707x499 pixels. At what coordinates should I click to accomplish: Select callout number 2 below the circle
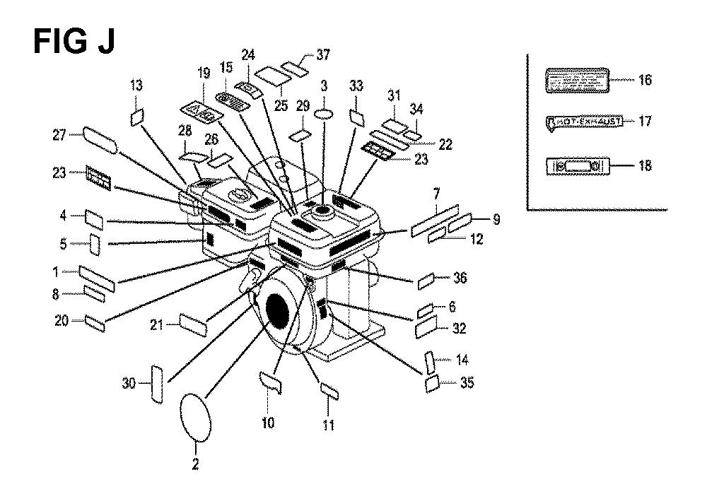click(x=196, y=464)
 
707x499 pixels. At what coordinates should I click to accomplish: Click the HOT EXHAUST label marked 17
click(x=584, y=122)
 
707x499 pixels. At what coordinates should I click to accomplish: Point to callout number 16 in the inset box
click(x=645, y=80)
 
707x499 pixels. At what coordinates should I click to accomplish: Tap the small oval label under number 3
click(x=325, y=114)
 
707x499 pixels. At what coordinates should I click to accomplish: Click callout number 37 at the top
click(x=303, y=54)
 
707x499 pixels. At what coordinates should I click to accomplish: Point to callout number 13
click(x=136, y=86)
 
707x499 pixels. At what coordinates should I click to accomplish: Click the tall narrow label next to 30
click(x=158, y=384)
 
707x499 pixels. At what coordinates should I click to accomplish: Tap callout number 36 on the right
click(x=460, y=278)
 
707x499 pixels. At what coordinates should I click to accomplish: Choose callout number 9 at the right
click(x=496, y=219)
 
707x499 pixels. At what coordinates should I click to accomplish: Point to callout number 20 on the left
click(x=62, y=320)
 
